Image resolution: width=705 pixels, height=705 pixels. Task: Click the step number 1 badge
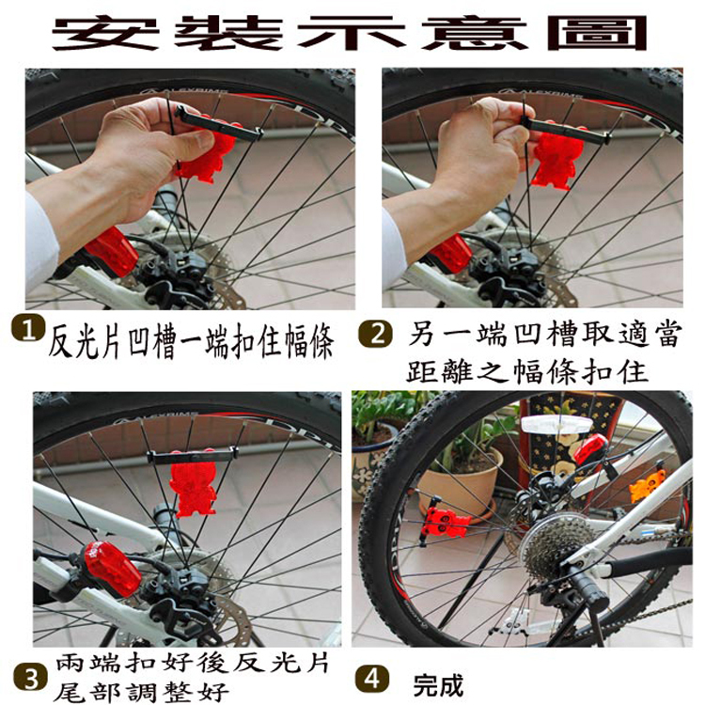coord(28,330)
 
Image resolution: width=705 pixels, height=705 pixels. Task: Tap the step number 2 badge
coord(376,334)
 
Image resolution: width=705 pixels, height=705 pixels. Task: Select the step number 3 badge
coord(31,679)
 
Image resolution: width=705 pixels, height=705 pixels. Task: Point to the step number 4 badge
coord(371,680)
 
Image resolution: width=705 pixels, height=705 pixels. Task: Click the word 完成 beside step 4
coord(438,684)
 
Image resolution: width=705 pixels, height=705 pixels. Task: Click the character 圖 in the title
coord(597,33)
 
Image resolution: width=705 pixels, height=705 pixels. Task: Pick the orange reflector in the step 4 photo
coord(646,486)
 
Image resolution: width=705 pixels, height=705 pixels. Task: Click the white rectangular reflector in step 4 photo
coord(556,424)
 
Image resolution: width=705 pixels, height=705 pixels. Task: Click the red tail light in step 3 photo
coord(111,568)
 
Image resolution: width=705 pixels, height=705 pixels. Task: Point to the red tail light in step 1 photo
coord(111,251)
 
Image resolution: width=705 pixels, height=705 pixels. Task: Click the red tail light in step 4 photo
coord(590,449)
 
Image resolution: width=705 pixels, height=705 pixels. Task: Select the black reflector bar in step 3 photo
coord(192,456)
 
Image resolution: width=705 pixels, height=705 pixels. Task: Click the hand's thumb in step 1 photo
coord(186,142)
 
